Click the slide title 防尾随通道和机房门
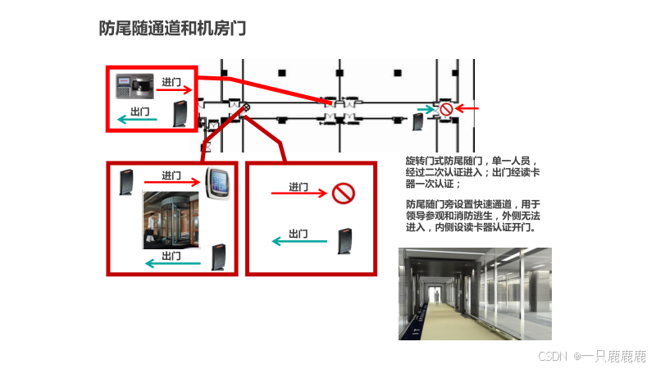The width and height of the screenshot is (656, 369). (x=172, y=29)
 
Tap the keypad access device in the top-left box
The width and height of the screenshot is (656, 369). (x=134, y=86)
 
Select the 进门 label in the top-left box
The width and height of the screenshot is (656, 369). (x=171, y=82)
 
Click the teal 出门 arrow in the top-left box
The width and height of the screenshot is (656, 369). (x=137, y=120)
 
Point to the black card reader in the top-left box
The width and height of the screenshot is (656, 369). (x=180, y=114)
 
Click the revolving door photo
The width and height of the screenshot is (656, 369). (x=171, y=220)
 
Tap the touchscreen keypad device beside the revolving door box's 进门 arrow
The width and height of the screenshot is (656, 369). (x=217, y=183)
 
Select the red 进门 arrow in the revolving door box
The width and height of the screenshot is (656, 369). (x=172, y=182)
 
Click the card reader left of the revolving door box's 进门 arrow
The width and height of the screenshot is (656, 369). (x=126, y=182)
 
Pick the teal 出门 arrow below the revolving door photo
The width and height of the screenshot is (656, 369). (x=173, y=263)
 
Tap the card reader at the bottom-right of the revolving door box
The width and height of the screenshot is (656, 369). (x=219, y=257)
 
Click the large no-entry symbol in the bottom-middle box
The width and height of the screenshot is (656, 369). (x=344, y=194)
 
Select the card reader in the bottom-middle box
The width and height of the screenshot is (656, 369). (x=344, y=241)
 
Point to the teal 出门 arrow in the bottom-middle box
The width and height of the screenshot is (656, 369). (x=299, y=241)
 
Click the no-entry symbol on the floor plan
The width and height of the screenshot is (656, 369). (x=446, y=109)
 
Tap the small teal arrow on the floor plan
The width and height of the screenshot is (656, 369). (x=426, y=110)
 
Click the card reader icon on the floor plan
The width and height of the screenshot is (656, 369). (x=418, y=121)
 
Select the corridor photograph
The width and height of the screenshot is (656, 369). (x=475, y=294)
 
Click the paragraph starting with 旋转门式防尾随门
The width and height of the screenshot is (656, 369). (x=473, y=172)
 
